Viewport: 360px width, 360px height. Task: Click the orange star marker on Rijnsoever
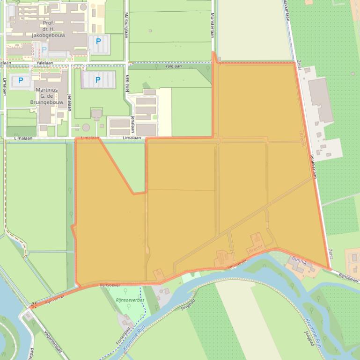coord(33,306)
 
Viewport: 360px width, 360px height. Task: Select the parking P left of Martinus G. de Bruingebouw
coord(21,80)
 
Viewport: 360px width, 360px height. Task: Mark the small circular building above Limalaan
coord(86,127)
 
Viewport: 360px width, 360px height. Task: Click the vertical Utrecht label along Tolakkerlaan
coord(301,139)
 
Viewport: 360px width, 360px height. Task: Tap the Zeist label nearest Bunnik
coord(331,254)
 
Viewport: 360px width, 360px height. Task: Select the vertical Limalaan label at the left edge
coord(5,86)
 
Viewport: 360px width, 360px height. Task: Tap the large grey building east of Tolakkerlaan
coord(321,100)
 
